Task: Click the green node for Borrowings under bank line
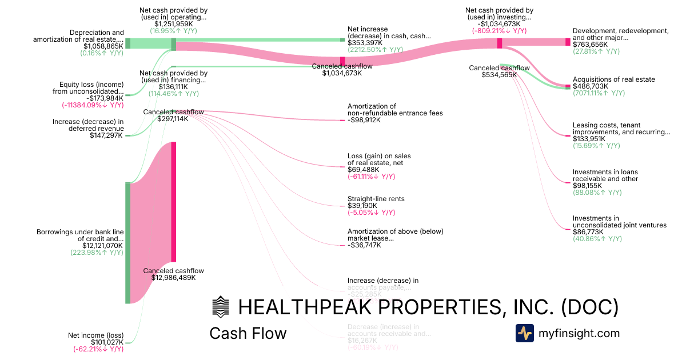(127, 243)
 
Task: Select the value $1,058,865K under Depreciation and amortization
(103, 46)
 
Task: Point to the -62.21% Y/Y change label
(98, 349)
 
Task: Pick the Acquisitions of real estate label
(614, 79)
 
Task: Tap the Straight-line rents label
(376, 199)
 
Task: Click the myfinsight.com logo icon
(525, 333)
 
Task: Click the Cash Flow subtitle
(248, 333)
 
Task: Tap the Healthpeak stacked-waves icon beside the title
(220, 307)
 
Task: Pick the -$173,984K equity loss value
(103, 98)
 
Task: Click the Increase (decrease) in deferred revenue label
(88, 125)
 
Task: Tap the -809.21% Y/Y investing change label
(499, 31)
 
